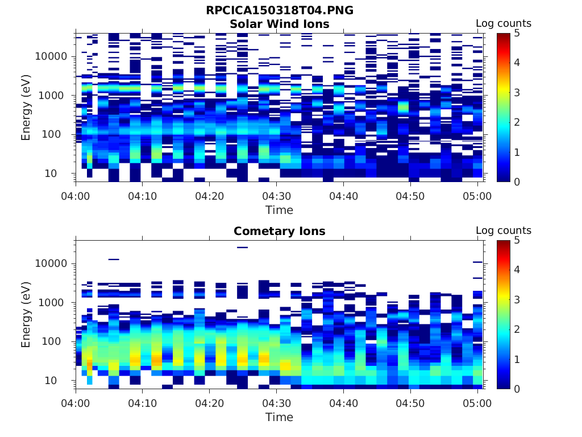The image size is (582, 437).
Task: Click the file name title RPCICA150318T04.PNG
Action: [279, 11]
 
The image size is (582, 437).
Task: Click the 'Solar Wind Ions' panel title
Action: [279, 24]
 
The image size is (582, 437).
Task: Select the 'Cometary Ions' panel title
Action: [279, 231]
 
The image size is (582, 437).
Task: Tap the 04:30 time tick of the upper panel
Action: [276, 196]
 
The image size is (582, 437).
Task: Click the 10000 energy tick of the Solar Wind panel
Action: [51, 56]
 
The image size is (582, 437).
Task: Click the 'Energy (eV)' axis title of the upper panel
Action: [26, 108]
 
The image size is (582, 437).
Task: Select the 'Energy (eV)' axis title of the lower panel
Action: [26, 315]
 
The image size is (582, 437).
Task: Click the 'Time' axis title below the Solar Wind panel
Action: [279, 210]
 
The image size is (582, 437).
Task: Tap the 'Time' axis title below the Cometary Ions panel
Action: [279, 417]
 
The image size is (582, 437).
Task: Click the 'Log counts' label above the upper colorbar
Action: [503, 23]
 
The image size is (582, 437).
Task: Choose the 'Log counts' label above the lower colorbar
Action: [503, 230]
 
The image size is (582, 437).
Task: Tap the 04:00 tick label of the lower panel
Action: [76, 403]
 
